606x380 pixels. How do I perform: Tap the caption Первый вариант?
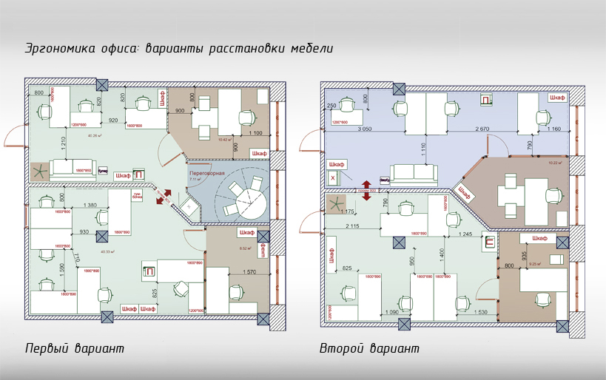74,348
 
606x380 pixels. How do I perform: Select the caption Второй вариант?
369,348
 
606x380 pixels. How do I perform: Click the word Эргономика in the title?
58,49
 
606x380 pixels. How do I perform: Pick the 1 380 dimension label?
91,204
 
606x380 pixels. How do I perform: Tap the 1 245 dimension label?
464,234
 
